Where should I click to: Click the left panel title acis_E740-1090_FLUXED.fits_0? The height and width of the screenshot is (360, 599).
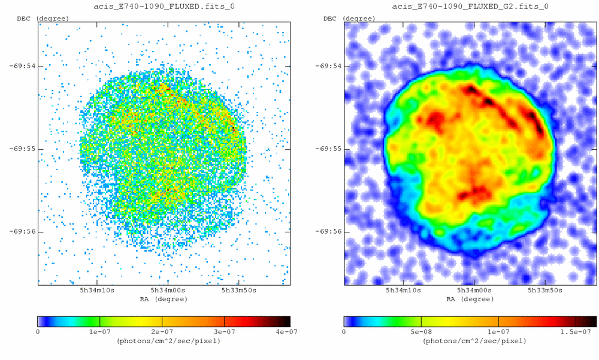point(164,7)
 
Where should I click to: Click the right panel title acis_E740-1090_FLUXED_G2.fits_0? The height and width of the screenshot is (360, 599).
point(470,7)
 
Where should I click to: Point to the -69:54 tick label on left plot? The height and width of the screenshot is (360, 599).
point(22,66)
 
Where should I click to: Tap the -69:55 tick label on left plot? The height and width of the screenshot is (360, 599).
point(22,149)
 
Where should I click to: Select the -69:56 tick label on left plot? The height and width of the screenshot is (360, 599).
point(22,231)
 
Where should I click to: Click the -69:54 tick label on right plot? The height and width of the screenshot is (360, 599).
point(329,66)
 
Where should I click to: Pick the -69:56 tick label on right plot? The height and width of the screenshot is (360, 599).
point(329,231)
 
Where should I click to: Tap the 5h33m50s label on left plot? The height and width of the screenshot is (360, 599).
point(238,291)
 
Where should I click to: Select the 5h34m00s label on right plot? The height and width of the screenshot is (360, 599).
point(474,291)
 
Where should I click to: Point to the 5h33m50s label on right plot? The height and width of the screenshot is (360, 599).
point(545,291)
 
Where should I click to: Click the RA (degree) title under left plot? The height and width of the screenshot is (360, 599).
point(164,298)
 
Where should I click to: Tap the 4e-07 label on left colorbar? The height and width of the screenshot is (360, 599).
point(286,331)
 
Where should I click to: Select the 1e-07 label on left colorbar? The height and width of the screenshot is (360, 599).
point(99,331)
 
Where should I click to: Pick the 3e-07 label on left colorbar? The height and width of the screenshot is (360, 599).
point(224,331)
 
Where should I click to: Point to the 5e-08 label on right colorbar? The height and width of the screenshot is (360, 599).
point(421,331)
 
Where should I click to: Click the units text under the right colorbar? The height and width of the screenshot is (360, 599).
point(470,341)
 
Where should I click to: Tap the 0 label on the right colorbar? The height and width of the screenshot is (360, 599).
point(344,331)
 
